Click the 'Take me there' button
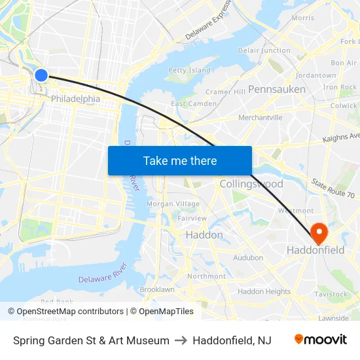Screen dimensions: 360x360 pos(180,160)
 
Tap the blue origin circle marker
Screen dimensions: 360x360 pos(41,75)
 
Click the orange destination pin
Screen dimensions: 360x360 pos(319,232)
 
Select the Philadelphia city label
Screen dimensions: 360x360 pos(75,99)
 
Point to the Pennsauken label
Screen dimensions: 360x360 pos(277,88)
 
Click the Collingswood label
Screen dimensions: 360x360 pos(251,184)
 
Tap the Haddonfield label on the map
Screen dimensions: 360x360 pos(315,250)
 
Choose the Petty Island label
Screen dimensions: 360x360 pos(189,70)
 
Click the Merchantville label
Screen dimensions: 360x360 pos(260,118)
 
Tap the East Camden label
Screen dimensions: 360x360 pos(194,104)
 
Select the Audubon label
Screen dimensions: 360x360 pos(248,258)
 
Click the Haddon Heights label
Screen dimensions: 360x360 pos(264,291)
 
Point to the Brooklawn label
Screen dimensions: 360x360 pos(157,289)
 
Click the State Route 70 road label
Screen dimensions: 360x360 pos(333,189)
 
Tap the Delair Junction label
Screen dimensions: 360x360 pos(264,50)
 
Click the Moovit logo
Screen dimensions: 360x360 pos(320,340)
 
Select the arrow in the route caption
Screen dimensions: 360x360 pos(181,340)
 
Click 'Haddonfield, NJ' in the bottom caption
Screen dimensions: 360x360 pos(232,340)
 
